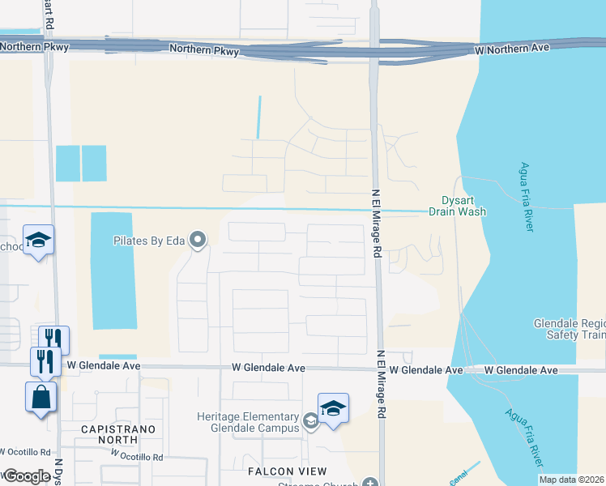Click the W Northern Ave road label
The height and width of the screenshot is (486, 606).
[512, 48]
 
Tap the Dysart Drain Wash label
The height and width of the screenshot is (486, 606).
[463, 206]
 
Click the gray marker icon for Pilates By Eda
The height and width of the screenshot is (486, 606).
[197, 239]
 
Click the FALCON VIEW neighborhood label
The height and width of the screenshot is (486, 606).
[288, 471]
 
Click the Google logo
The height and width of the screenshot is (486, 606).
[26, 476]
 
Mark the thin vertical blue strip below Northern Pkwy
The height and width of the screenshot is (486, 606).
[259, 117]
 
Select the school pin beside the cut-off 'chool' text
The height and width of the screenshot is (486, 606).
[38, 241]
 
